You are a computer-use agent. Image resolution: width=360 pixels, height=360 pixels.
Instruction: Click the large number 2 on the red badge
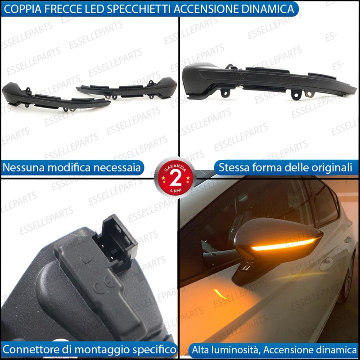point(175,179)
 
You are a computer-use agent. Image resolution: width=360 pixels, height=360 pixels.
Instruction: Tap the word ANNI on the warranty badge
point(175,190)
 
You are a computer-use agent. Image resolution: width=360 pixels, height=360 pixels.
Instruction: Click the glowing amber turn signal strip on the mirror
point(284,245)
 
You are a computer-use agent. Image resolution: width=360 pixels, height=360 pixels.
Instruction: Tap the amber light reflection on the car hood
point(220,294)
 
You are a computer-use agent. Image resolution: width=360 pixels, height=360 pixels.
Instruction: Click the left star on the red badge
point(163,178)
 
